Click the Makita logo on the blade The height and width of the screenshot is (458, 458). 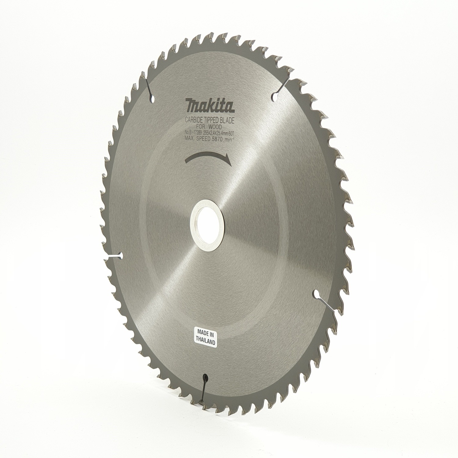[x=210, y=106]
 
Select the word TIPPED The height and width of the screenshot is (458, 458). [x=214, y=121]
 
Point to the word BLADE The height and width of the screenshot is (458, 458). [x=229, y=122]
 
